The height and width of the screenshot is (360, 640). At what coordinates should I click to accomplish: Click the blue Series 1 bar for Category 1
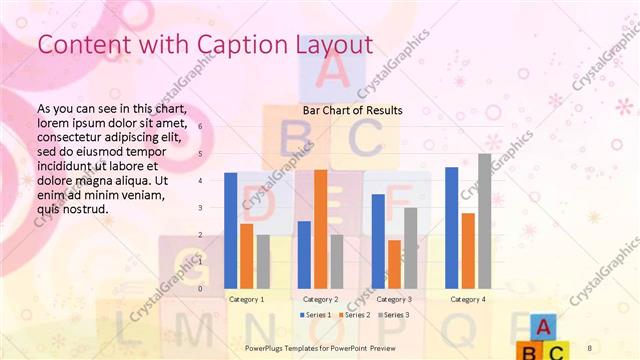(231, 230)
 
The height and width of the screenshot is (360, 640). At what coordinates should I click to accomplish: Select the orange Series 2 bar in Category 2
(320, 229)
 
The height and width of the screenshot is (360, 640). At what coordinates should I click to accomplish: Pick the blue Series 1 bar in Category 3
(378, 241)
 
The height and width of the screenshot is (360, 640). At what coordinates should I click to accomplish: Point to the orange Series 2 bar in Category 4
(468, 250)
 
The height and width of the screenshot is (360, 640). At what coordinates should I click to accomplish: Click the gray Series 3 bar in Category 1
(263, 261)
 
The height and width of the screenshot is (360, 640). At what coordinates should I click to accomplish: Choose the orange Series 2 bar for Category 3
(394, 264)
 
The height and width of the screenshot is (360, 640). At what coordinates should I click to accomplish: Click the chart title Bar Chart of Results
(352, 110)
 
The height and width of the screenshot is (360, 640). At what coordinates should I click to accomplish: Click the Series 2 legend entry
(355, 315)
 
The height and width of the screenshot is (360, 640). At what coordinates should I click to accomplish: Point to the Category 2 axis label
(320, 299)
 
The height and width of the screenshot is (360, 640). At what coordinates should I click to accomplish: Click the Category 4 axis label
(468, 299)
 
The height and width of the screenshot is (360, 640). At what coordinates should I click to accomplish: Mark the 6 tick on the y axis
(200, 127)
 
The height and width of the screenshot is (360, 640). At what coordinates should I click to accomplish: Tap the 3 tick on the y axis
(200, 208)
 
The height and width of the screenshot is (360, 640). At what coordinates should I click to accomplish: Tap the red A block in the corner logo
(541, 326)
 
